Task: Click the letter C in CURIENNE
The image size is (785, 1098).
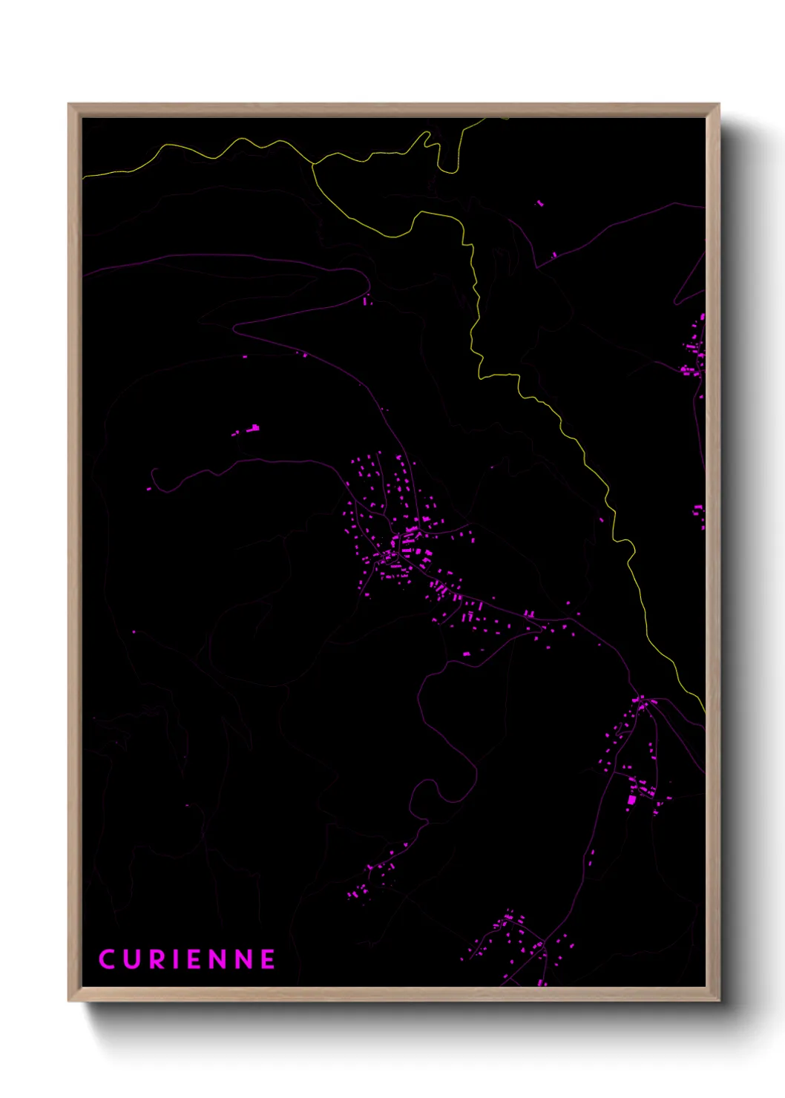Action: click(x=107, y=959)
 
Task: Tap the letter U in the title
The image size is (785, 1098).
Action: click(x=132, y=959)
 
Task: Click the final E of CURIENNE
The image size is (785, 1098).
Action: click(x=268, y=959)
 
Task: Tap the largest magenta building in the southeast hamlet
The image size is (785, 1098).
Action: click(x=631, y=800)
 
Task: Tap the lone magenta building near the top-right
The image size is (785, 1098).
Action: click(x=539, y=202)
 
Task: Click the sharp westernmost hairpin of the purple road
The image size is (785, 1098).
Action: click(x=236, y=326)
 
